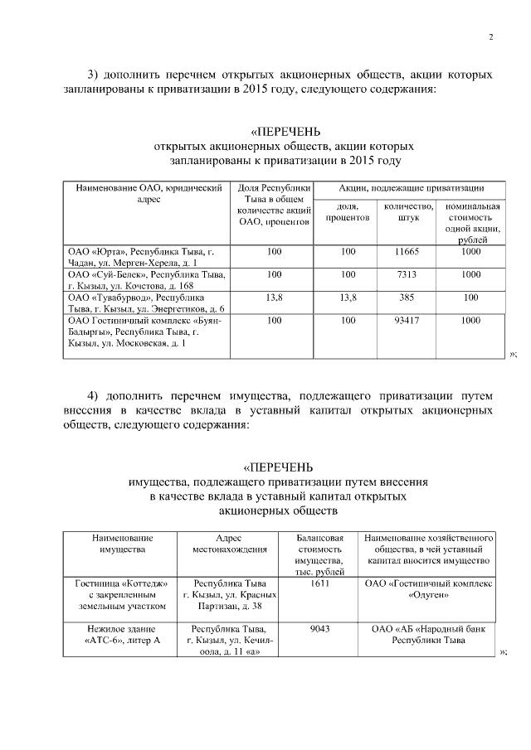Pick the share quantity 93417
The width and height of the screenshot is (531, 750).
410,319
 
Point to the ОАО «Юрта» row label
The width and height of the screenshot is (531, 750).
147,257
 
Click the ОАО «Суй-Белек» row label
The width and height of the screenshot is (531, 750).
147,279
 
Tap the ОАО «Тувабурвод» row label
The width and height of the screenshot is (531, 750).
147,302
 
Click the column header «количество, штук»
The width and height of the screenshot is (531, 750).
410,212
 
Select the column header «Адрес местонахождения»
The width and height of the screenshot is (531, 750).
229,544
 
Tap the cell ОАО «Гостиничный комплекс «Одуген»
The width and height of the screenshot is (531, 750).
429,588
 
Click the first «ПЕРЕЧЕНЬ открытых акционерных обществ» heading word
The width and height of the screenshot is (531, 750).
285,132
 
